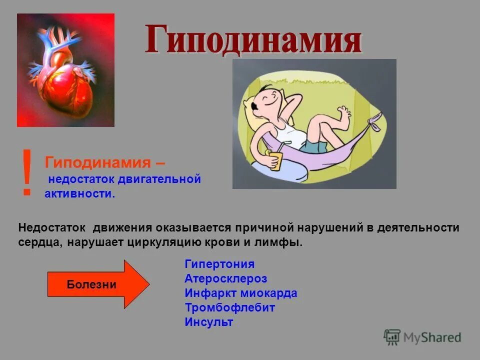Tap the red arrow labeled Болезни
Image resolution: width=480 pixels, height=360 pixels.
98,284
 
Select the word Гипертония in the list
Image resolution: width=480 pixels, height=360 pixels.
219,264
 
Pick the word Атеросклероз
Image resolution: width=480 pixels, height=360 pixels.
225,278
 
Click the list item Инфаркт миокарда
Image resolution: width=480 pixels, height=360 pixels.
240,293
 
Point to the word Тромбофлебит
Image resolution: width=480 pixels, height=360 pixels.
229,307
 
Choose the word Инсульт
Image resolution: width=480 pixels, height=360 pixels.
208,322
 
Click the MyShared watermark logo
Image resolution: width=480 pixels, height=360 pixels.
422,337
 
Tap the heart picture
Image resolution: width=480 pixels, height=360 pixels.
65,70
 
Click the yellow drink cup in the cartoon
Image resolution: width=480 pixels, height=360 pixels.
275,160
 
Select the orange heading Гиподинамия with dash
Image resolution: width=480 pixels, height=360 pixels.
105,162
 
